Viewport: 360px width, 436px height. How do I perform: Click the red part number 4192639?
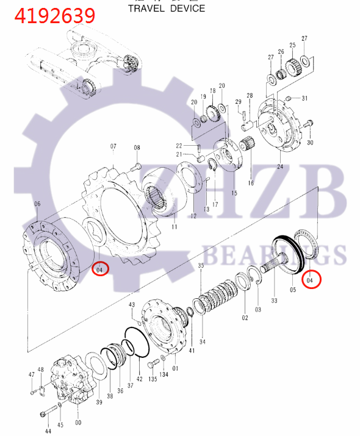[56, 15]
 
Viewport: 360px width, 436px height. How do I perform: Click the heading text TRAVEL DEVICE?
[167, 9]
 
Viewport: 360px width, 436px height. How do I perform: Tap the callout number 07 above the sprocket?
[113, 146]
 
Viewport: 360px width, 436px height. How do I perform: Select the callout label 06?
[37, 204]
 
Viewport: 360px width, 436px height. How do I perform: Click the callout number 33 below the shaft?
[274, 300]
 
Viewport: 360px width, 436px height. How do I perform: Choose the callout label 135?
[153, 379]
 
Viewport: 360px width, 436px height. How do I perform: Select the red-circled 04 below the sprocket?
[100, 268]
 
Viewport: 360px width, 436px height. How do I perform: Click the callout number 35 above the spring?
[201, 266]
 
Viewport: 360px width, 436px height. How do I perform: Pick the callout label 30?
[310, 143]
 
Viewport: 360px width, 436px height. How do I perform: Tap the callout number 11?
[174, 227]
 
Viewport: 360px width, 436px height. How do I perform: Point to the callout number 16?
[250, 182]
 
